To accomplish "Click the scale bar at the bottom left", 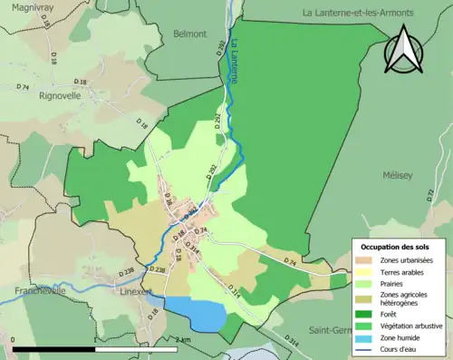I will point(100,347).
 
